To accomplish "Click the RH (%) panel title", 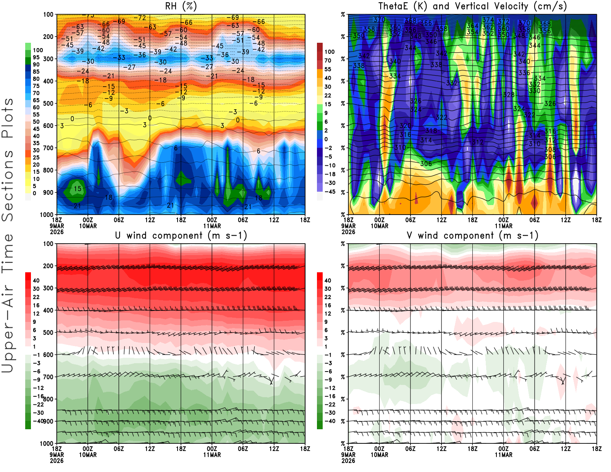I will [181, 6].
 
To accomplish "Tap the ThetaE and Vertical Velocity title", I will [472, 6].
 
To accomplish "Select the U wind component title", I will [181, 235].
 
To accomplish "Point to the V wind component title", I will [472, 235].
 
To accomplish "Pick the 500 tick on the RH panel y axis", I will [48, 103].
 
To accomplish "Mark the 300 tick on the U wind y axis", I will [48, 288].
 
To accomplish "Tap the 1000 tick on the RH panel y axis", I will [47, 215].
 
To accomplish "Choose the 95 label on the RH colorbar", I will [36, 57].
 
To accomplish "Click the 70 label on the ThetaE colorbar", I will [328, 60].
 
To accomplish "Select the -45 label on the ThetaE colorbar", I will [330, 192].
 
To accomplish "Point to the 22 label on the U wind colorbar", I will [36, 297].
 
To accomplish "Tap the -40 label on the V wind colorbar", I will [330, 421].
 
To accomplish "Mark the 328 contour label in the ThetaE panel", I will [509, 95].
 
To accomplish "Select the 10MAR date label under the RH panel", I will [88, 226].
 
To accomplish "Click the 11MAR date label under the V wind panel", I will [504, 455].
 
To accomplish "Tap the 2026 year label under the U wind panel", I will [57, 461].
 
